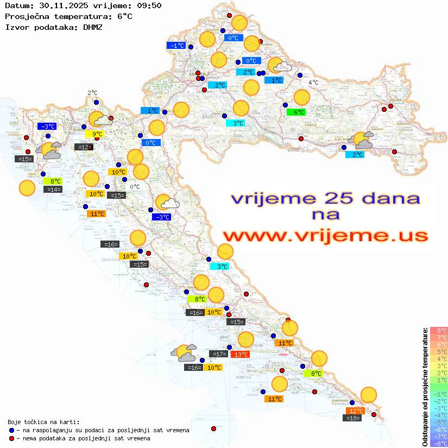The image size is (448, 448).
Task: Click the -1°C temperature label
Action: pos(177,46)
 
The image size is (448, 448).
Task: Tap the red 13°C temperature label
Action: pos(240,355)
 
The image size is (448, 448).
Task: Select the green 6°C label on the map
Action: pos(296,112)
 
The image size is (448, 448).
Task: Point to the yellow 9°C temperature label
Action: pos(94,134)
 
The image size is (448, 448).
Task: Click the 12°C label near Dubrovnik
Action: pos(356,411)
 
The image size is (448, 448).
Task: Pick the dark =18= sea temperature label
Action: pos(353,418)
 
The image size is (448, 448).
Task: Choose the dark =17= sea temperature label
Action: pos(218,355)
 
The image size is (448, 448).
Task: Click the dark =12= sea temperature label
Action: pos(83,147)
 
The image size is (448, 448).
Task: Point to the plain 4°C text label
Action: pos(313,83)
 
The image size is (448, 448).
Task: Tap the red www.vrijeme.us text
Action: pos(325,236)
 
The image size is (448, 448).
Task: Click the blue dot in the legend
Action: pos(12,430)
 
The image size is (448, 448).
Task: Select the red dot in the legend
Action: pos(12,438)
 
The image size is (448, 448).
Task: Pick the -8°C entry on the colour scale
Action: pos(438,443)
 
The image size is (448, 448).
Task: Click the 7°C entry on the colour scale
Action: pos(438,338)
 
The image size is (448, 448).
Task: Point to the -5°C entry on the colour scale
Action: pos(438,422)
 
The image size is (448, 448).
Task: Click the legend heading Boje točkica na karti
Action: pos(43,422)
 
